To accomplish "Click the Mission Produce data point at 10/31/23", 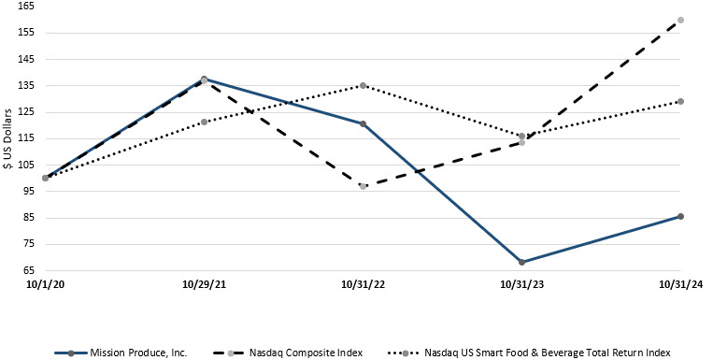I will (x=521, y=262).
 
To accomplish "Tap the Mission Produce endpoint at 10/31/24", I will (x=680, y=216).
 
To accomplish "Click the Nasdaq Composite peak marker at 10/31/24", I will (x=680, y=20).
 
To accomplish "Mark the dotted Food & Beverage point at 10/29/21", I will (x=204, y=122).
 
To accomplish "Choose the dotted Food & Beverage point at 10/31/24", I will (x=680, y=101).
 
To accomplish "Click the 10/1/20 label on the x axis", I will (x=45, y=284).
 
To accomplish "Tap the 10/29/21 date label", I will (x=204, y=284).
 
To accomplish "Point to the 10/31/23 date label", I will (x=521, y=284).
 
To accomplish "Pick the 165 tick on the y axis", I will (x=26, y=6).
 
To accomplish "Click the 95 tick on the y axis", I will (x=28, y=191).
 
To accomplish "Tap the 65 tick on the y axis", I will (x=28, y=270).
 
